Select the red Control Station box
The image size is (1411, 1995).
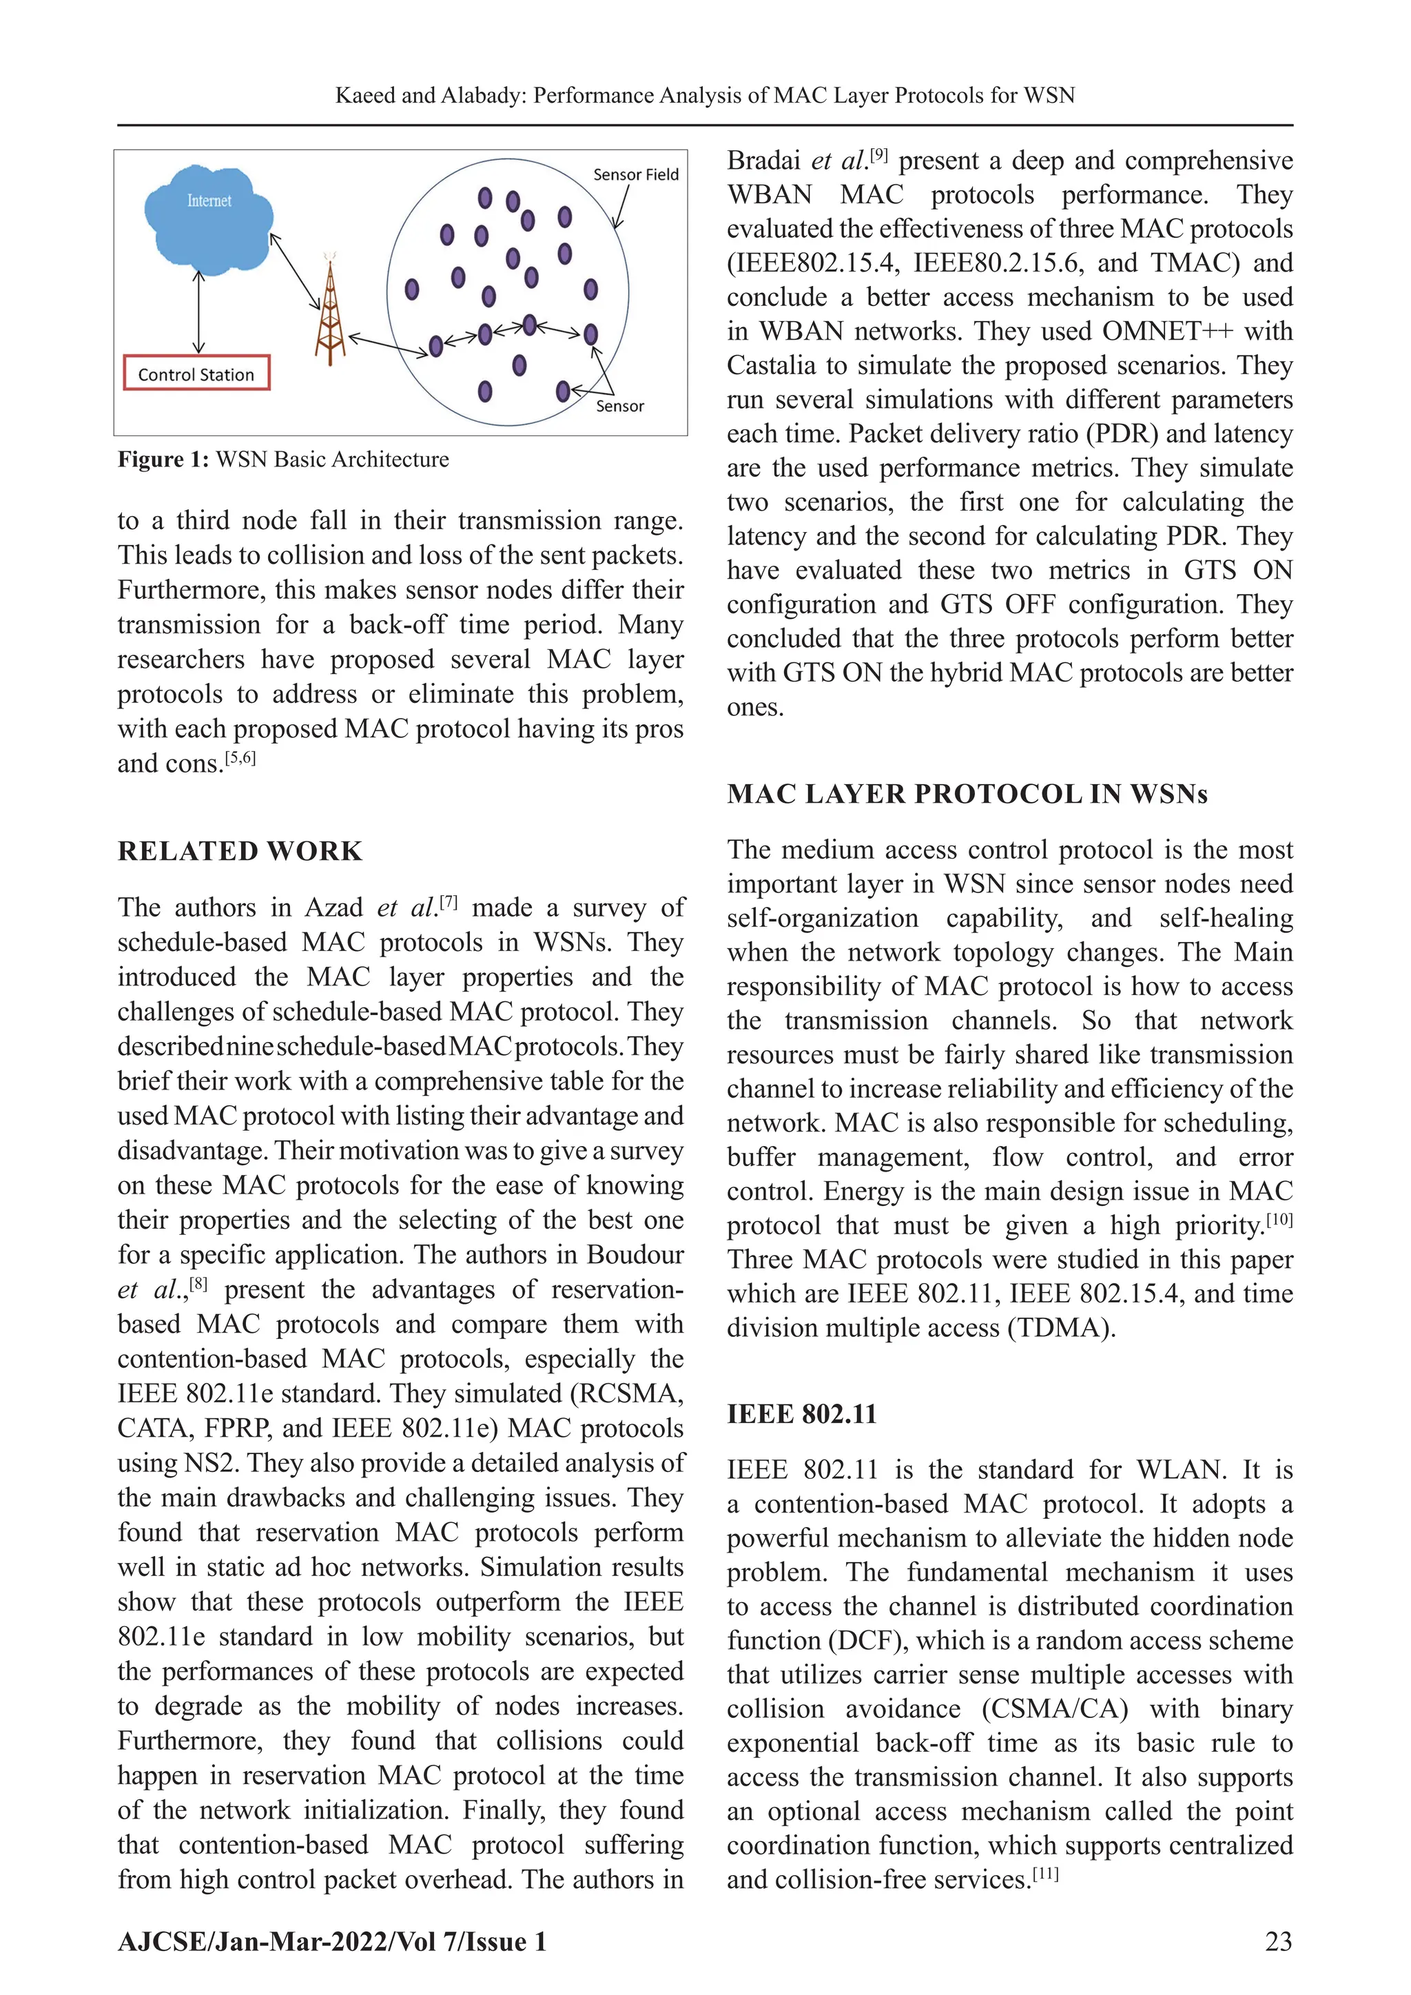coord(196,374)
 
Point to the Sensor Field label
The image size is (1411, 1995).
coord(635,174)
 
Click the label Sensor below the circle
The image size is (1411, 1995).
coord(619,406)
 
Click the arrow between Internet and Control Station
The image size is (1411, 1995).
coord(199,311)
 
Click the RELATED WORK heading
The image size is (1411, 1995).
coord(240,850)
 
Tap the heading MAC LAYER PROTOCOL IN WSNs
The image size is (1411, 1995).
coord(967,794)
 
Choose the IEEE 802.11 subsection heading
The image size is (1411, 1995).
coord(801,1415)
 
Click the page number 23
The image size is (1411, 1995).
coord(1278,1941)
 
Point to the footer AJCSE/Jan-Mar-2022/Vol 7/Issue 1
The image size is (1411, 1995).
coord(332,1941)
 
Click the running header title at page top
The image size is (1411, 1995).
coord(705,96)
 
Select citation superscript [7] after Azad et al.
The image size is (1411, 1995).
coord(449,903)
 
